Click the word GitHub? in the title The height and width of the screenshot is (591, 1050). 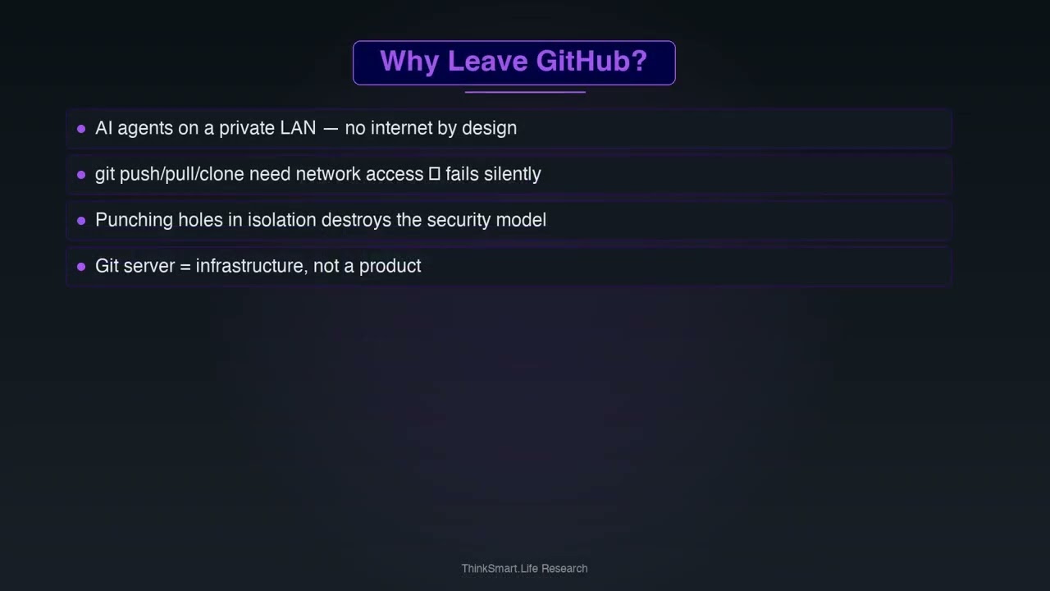(x=591, y=62)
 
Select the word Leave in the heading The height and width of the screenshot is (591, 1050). (x=487, y=62)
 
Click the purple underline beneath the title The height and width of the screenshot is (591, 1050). (x=525, y=92)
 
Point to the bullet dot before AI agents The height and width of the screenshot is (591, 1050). (x=81, y=129)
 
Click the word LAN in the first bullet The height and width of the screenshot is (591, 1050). (x=298, y=128)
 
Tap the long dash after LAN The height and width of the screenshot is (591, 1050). (x=331, y=129)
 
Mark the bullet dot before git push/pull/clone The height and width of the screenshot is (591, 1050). (x=81, y=175)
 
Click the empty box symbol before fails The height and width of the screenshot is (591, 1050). (x=435, y=174)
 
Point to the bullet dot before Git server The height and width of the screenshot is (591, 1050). (x=81, y=267)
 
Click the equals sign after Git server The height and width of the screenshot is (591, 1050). (x=185, y=267)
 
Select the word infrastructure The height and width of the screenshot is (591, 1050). (x=249, y=266)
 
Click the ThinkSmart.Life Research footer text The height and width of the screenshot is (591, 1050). (x=524, y=568)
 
